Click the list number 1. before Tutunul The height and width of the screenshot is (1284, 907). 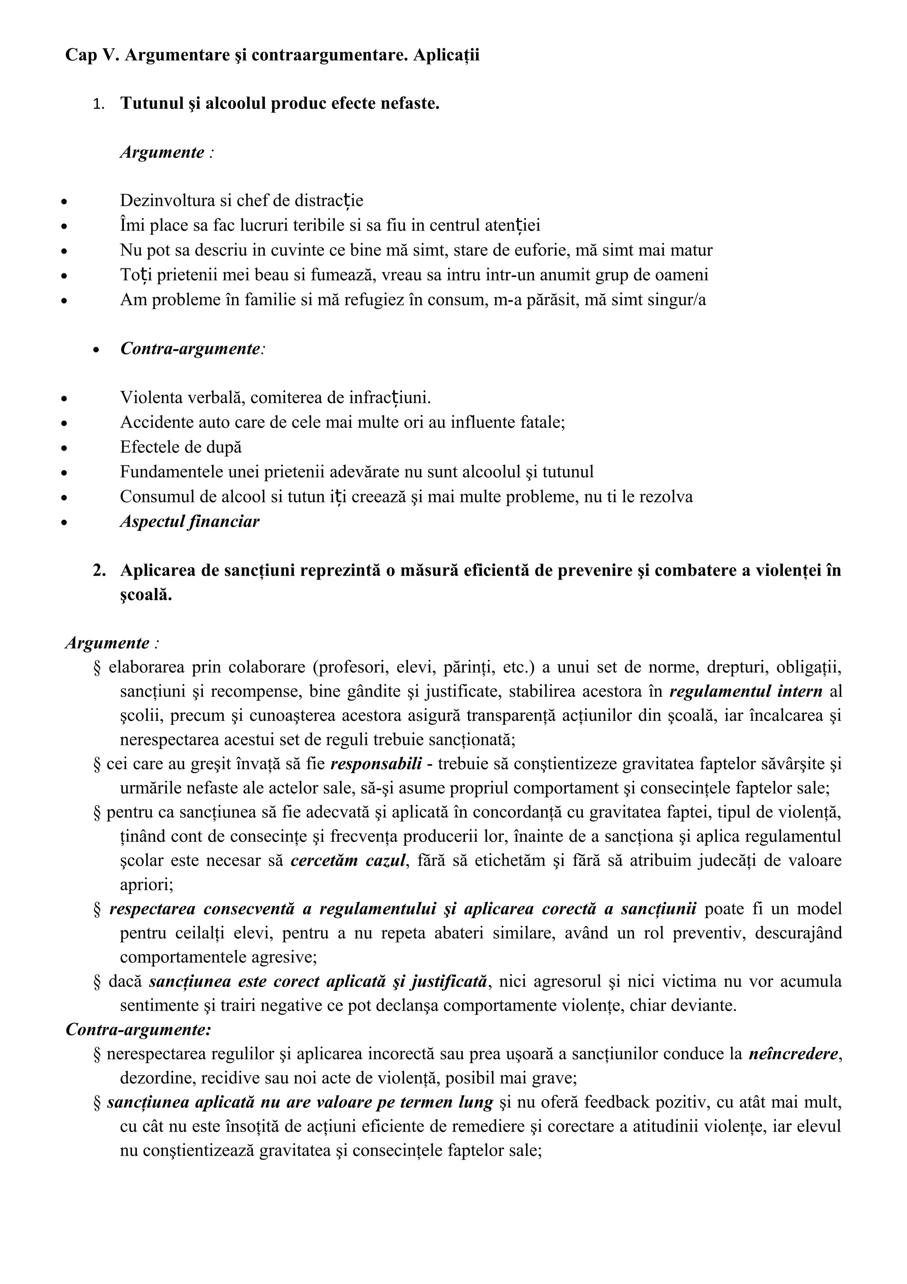(x=98, y=105)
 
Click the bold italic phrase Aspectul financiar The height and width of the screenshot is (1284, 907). (x=190, y=522)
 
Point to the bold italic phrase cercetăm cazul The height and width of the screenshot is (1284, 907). (x=348, y=861)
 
